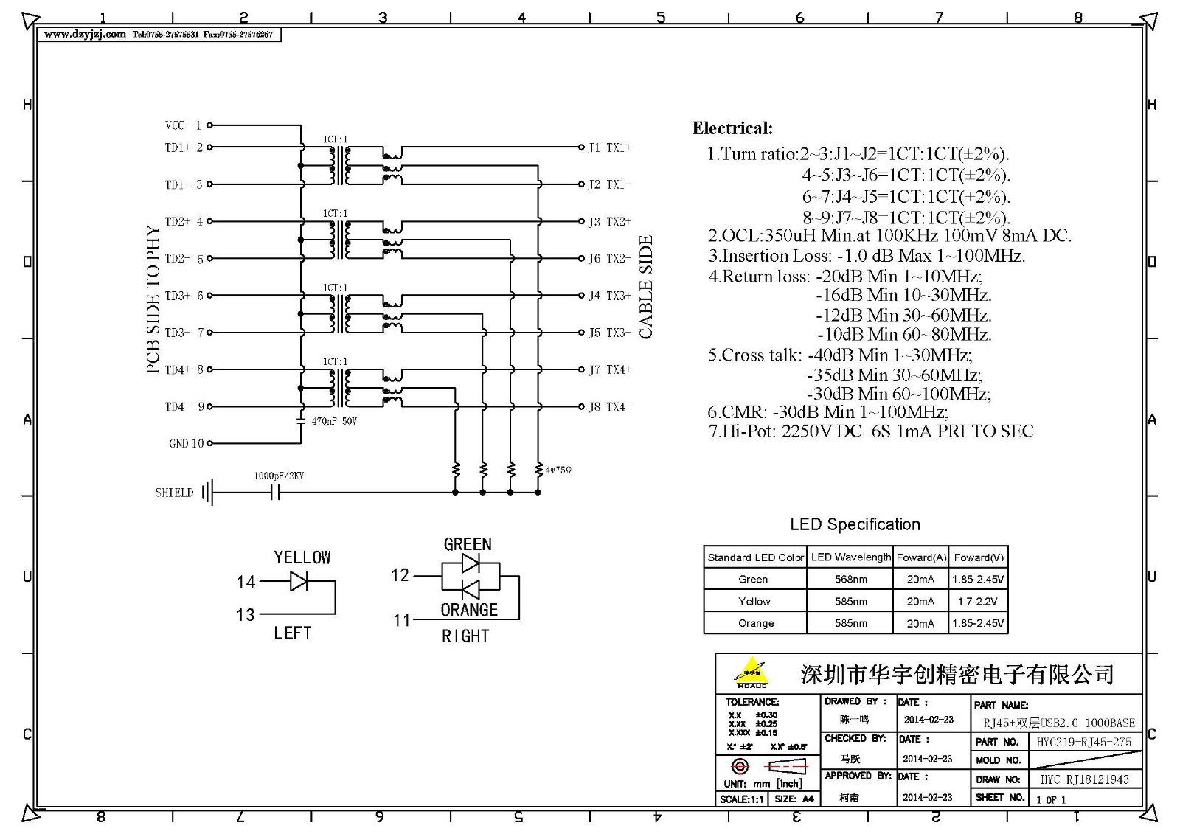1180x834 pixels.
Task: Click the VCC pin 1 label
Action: pos(183,125)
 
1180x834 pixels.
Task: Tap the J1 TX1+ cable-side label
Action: pos(609,147)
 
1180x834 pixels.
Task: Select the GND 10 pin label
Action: pos(186,443)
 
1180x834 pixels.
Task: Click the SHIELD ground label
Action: pos(174,493)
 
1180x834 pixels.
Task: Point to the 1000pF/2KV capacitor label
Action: pos(279,476)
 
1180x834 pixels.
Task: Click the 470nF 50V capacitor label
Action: pos(333,421)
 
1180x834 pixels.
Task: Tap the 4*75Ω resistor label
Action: pos(558,470)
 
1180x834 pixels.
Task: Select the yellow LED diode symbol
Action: pos(299,582)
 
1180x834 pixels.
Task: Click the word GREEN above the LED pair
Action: pos(468,544)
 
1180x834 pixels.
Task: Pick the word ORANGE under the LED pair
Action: pos(469,610)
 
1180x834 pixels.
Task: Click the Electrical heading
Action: pos(732,128)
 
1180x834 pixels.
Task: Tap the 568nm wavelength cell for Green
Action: pos(850,580)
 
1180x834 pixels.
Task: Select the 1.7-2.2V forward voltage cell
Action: pos(977,601)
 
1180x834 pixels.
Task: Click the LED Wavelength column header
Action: pos(850,557)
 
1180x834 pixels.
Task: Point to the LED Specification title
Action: pos(855,524)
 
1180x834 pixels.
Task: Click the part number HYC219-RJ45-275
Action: pos(1083,742)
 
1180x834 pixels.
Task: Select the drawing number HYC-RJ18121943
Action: pos(1084,779)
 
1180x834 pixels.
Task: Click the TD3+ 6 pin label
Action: pos(184,296)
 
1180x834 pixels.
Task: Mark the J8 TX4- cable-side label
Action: pos(609,406)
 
